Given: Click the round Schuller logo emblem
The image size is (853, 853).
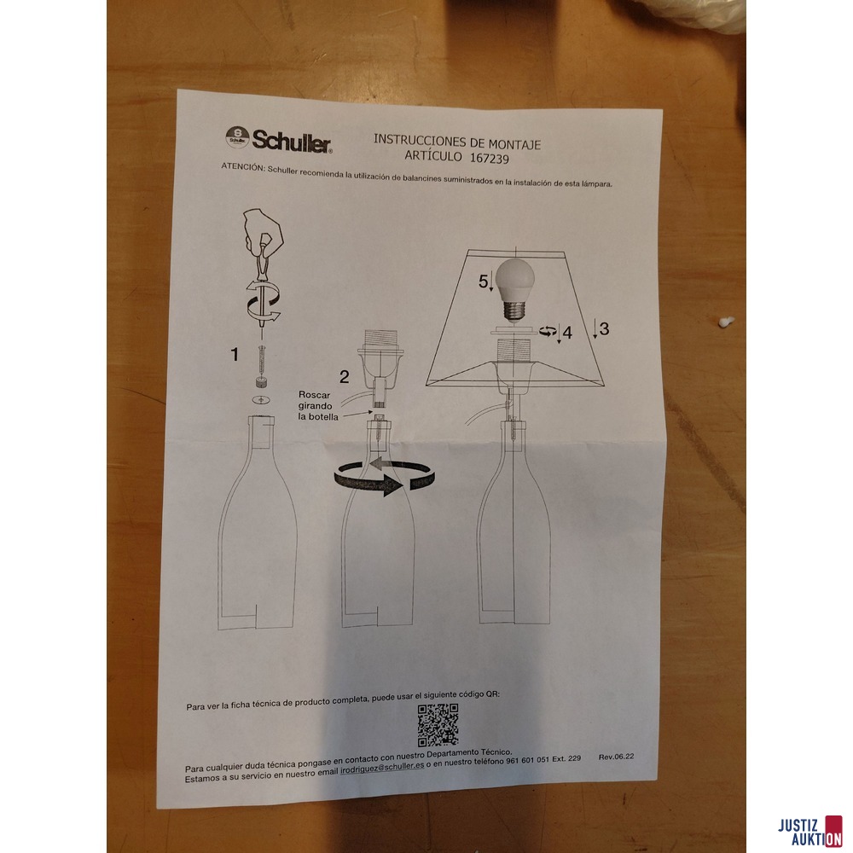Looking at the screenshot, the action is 237,137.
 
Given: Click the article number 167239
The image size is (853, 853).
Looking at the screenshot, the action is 490,159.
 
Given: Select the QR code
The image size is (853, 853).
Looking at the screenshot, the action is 438,724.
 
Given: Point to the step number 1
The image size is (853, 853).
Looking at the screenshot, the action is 235,355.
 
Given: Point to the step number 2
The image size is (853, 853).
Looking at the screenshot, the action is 345,376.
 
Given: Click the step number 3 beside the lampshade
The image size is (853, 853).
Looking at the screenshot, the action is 604,328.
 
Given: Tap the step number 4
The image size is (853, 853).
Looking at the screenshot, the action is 567,333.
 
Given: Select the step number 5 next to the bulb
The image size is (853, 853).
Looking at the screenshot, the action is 483,281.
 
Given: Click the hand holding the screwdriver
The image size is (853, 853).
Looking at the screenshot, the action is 263,230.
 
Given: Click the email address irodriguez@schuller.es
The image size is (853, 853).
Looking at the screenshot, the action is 382,769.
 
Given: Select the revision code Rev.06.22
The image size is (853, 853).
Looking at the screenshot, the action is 616,757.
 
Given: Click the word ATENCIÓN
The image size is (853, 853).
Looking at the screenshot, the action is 242,167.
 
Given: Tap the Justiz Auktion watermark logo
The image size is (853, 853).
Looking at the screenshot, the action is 810,832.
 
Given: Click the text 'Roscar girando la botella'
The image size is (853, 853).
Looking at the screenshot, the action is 317,406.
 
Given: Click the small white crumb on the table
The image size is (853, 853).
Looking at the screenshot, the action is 726,322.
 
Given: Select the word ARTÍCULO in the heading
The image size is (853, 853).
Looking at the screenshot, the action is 433,156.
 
